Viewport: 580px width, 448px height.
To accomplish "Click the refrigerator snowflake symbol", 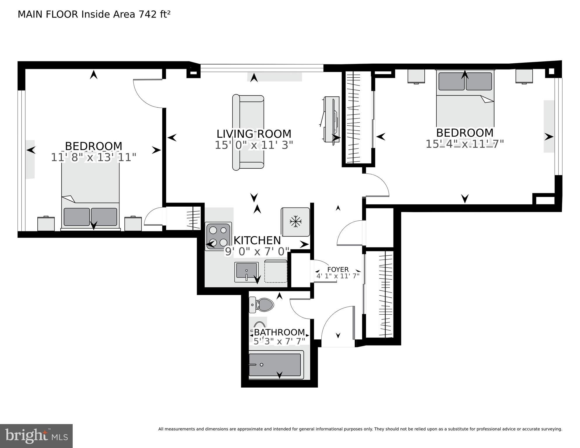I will click(295, 222).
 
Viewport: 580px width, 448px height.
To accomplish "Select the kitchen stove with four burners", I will click(218, 236).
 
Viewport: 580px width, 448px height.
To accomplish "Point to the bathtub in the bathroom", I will click(275, 365).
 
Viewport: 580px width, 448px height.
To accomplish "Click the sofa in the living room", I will click(248, 132).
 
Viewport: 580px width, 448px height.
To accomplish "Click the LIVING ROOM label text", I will click(254, 134).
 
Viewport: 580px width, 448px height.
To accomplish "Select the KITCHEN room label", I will click(257, 240).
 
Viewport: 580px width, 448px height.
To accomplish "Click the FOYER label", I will click(338, 269).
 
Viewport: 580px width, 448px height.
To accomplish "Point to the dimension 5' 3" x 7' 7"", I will click(279, 341).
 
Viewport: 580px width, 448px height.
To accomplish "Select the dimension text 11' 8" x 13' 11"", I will click(93, 158).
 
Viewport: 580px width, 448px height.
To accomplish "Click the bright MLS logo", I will click(36, 436).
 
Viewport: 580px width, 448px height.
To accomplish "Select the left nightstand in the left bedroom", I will click(46, 224).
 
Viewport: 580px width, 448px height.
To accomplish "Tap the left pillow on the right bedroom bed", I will click(451, 81).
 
